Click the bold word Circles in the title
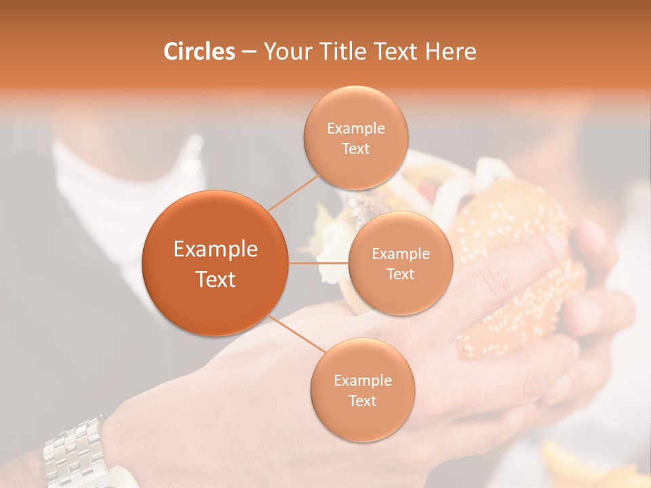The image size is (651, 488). click(199, 52)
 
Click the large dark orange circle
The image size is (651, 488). click(215, 263)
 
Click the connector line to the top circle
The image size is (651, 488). click(292, 193)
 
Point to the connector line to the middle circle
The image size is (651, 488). click(319, 262)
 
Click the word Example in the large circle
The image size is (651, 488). click(216, 249)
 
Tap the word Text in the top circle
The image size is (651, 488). click(355, 149)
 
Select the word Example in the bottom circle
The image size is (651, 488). click(363, 381)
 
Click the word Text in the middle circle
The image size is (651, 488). click(400, 274)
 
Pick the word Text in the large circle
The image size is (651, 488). click(216, 279)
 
